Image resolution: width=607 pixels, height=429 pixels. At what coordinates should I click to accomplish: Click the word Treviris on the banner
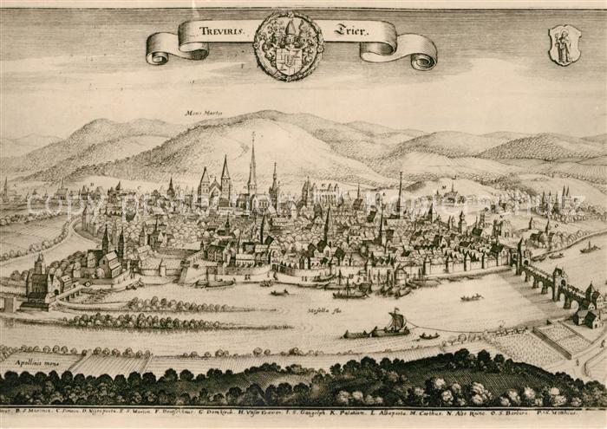221,29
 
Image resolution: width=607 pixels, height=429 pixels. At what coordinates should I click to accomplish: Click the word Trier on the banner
350,30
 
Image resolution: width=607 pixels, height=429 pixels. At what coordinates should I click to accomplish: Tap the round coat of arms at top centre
288,45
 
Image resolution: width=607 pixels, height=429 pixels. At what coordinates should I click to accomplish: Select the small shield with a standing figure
564,44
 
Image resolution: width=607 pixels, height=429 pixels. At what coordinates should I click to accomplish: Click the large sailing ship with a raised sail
395,323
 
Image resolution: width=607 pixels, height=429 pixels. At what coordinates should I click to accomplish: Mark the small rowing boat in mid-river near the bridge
471,298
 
